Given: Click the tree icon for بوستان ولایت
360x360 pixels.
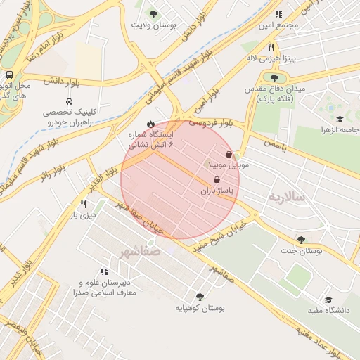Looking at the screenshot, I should click(x=154, y=13).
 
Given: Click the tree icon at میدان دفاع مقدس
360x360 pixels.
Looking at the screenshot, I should click(x=274, y=78).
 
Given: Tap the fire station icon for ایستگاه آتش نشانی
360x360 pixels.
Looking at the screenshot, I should click(x=150, y=123).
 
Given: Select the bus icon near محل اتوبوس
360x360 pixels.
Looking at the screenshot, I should click(x=9, y=75).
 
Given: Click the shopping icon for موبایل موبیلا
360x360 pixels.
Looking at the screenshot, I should click(x=229, y=154).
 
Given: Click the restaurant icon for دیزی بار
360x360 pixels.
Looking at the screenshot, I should click(x=83, y=204).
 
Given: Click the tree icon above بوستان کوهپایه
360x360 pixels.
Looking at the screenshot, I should click(x=200, y=297).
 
